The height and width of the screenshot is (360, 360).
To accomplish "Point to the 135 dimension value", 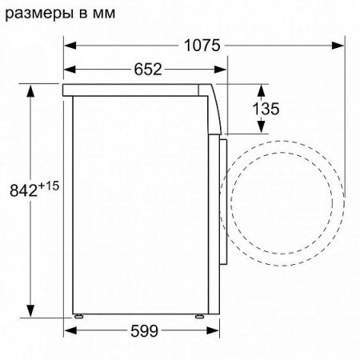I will coord(266,108).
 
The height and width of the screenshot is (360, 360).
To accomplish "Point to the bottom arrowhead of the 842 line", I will coord(33,313).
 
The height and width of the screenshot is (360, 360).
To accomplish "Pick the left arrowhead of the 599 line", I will coord(68,330).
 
